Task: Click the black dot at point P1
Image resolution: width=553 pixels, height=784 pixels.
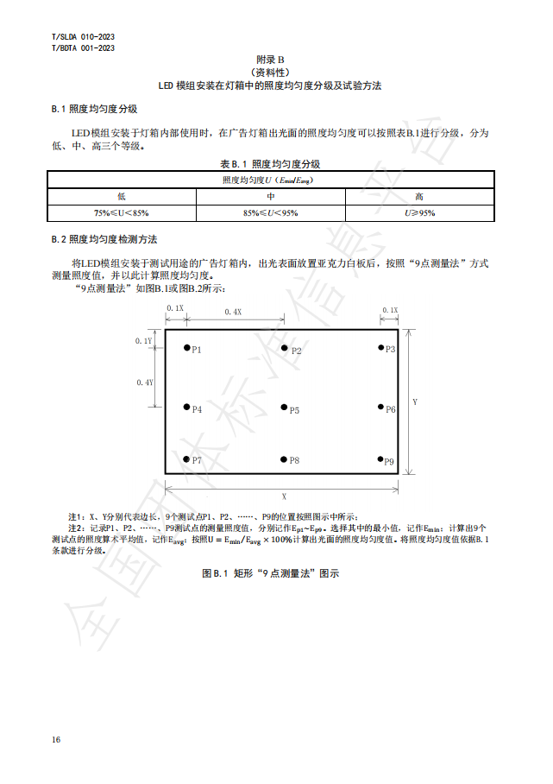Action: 185,348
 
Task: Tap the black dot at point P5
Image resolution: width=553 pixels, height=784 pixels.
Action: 284,408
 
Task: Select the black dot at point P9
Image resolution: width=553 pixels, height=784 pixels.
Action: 380,459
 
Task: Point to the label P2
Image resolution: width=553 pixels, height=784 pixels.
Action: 296,351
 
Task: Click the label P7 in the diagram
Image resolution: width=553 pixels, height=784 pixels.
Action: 198,460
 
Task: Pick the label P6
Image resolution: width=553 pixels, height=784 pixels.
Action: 391,409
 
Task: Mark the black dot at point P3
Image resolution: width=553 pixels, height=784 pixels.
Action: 380,347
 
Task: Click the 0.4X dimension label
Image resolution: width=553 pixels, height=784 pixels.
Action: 233,312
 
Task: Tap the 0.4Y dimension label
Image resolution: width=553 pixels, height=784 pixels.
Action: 144,382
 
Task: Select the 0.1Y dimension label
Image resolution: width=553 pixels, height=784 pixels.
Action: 143,341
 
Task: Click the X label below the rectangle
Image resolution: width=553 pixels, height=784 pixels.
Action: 284,496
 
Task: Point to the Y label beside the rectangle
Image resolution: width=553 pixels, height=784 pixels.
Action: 415,402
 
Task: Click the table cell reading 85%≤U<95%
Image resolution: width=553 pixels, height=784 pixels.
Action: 270,212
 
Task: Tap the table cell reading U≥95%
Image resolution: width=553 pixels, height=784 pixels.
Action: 419,212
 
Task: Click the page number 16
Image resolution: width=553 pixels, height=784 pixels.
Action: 56,739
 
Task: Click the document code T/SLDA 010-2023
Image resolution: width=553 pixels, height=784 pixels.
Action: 84,37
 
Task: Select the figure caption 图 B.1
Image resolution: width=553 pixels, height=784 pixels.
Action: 270,573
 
